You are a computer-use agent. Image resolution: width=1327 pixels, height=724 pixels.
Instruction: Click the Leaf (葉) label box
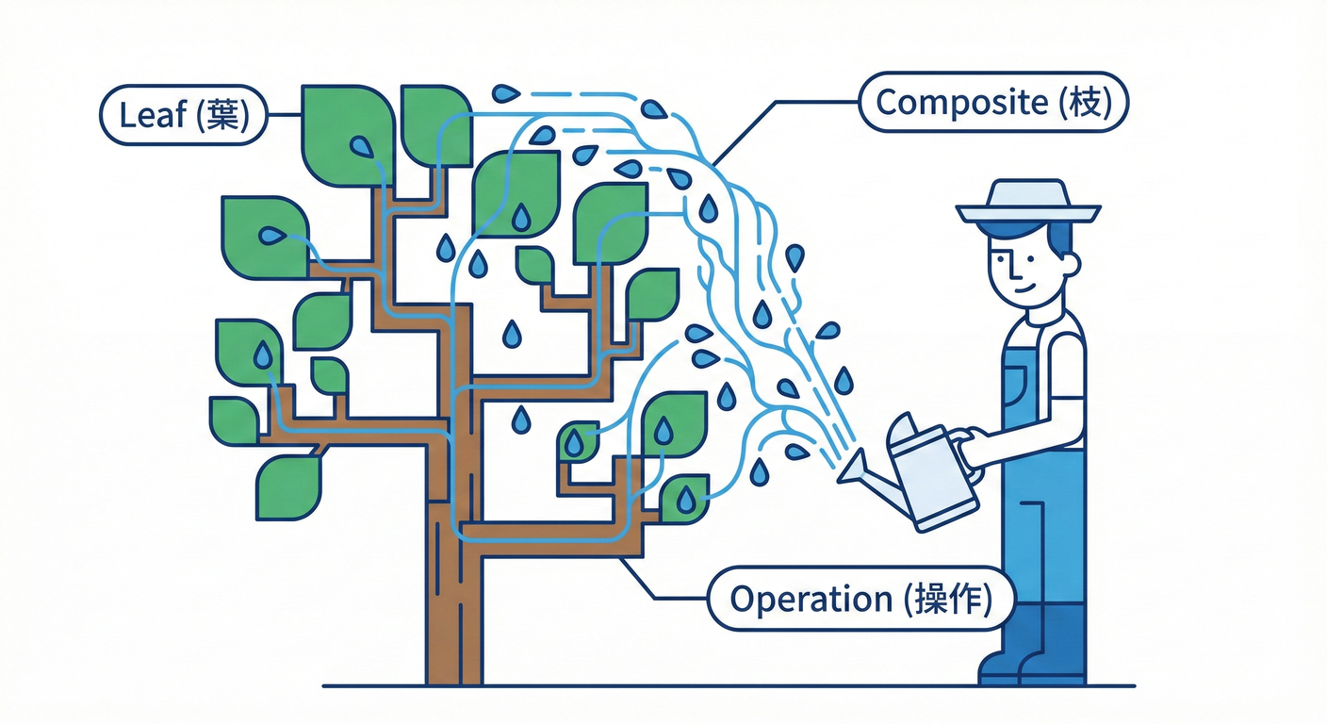(183, 114)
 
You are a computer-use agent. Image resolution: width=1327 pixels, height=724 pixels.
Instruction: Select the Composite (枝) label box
(992, 102)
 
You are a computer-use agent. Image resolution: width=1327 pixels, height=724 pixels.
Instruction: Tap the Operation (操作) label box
(860, 599)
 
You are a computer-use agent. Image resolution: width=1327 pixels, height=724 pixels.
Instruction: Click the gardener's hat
(1028, 203)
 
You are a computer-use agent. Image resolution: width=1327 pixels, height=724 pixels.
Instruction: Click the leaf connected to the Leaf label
(348, 137)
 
